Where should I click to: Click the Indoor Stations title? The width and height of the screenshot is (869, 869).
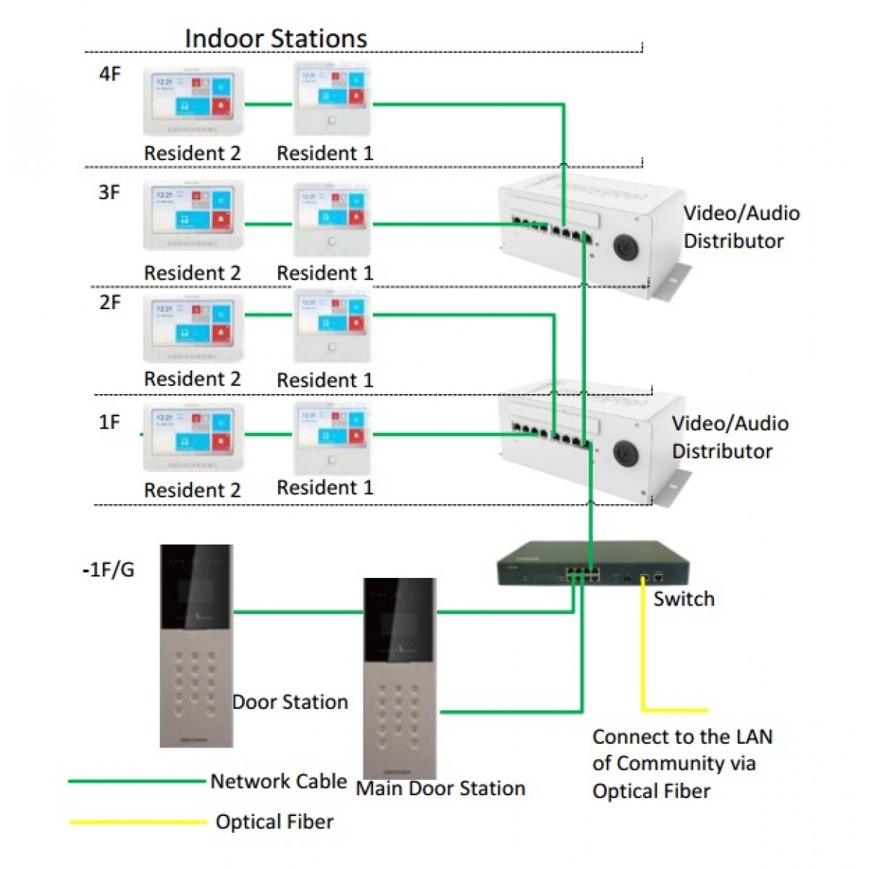(x=275, y=38)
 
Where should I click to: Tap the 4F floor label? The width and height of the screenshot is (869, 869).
(x=109, y=73)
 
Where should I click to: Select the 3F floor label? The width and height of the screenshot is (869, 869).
(x=109, y=193)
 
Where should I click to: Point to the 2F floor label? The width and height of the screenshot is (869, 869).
(x=110, y=302)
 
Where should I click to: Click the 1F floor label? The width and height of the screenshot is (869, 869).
(x=109, y=421)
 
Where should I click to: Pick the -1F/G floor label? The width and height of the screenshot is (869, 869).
(x=109, y=570)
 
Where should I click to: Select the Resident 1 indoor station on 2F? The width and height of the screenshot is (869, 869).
(x=332, y=327)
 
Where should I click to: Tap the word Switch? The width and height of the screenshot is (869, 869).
(x=684, y=599)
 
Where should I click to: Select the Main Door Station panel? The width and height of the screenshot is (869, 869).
(x=399, y=677)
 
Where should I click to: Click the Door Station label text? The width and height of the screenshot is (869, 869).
(x=290, y=702)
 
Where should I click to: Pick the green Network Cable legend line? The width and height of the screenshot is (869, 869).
(x=137, y=781)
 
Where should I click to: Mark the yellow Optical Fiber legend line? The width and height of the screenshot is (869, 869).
(x=137, y=822)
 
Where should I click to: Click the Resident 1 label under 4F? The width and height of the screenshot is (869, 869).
(x=325, y=154)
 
